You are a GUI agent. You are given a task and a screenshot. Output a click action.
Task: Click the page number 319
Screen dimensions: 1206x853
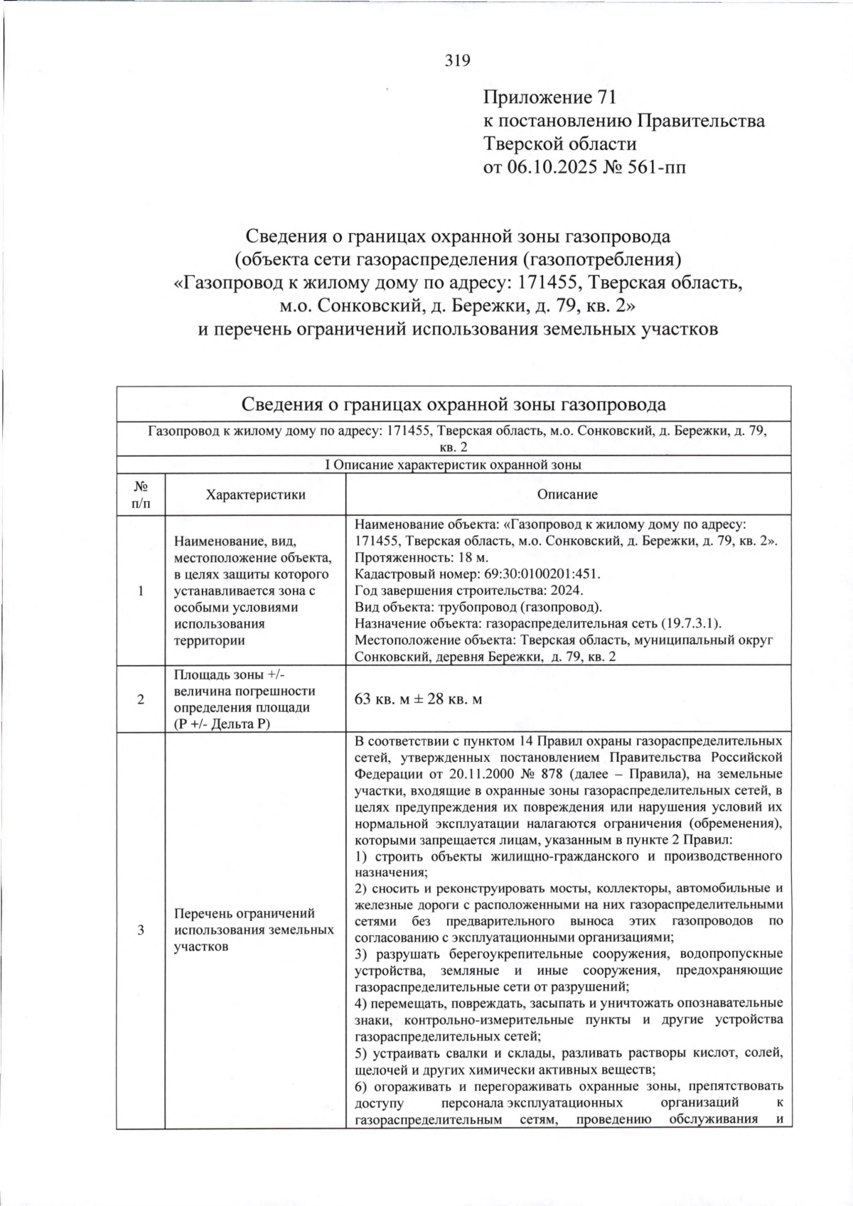458,60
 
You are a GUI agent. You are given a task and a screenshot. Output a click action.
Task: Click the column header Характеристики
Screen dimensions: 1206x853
255,495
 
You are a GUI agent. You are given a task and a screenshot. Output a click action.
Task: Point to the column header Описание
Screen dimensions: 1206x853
567,495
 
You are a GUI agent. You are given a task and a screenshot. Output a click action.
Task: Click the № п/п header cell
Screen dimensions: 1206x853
141,495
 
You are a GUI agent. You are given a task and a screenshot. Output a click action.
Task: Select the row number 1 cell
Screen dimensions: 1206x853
141,591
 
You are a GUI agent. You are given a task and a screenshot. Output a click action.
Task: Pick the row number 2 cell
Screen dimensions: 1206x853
141,699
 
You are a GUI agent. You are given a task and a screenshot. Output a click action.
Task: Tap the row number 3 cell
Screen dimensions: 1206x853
141,930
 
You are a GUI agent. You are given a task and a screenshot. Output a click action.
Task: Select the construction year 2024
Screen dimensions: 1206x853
566,590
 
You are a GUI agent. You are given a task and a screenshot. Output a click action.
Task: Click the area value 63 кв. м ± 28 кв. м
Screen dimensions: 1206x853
418,699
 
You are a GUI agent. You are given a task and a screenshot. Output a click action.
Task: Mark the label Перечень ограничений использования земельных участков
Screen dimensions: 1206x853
254,930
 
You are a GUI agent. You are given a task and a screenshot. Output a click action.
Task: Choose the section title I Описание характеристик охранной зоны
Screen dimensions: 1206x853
453,465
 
